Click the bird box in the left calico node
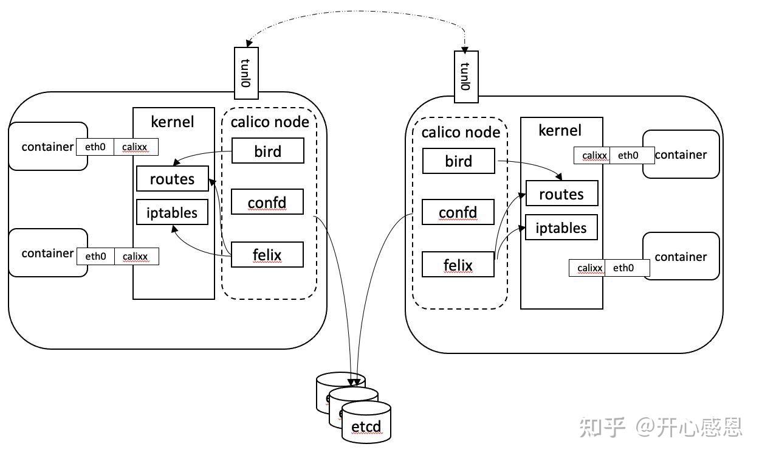pyautogui.click(x=268, y=150)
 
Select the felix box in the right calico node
pyautogui.click(x=458, y=264)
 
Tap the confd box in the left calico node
pyautogui.click(x=267, y=201)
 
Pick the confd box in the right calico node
pyautogui.click(x=458, y=212)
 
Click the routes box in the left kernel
pyautogui.click(x=173, y=178)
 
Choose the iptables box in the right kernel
pyautogui.click(x=561, y=227)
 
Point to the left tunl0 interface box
pyautogui.click(x=246, y=73)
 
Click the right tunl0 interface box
pyautogui.click(x=466, y=77)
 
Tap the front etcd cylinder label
pyautogui.click(x=366, y=426)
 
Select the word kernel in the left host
pyautogui.click(x=173, y=122)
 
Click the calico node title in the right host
pyautogui.click(x=461, y=132)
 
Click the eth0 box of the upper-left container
pyautogui.click(x=95, y=147)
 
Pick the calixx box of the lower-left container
pyautogui.click(x=136, y=257)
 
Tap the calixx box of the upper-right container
pyautogui.click(x=592, y=155)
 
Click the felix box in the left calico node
pyautogui.click(x=267, y=254)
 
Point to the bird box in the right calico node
pyautogui.click(x=459, y=161)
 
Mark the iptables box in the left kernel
pyautogui.click(x=172, y=212)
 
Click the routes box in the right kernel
pyautogui.click(x=562, y=193)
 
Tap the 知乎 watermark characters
pyautogui.click(x=602, y=427)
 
